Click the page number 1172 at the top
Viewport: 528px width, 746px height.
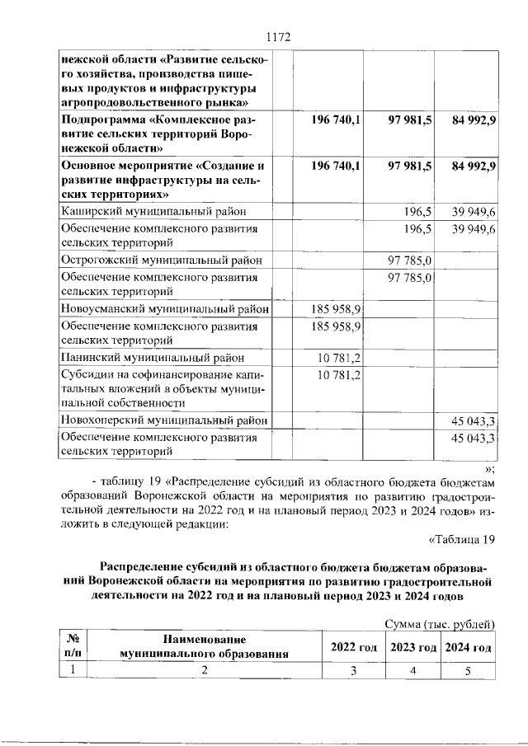click(280, 36)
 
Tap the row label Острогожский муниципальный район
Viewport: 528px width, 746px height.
click(162, 260)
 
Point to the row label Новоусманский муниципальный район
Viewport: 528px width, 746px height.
click(165, 309)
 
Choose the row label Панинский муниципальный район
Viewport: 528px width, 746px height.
click(153, 358)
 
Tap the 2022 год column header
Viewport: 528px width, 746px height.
click(353, 647)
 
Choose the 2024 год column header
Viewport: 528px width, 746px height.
click(468, 647)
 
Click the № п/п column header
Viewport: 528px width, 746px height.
click(72, 646)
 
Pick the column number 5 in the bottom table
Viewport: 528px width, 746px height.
click(467, 671)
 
